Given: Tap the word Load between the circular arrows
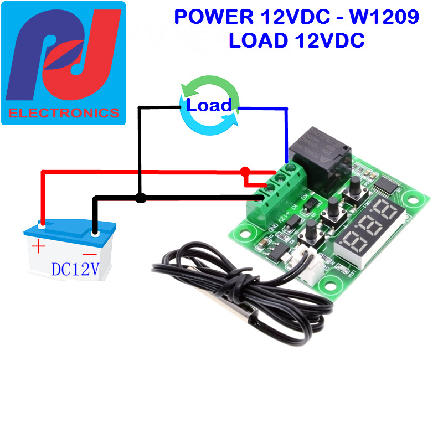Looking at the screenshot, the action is (209, 105).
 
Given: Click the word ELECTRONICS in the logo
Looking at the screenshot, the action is (64, 113).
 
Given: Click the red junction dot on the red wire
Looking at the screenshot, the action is (245, 172).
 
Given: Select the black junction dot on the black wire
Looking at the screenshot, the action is (141, 198).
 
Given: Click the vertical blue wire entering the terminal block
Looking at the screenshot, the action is (286, 133).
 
